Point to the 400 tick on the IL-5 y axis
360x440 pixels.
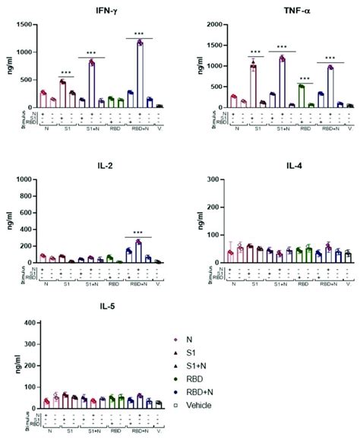[27, 324]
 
